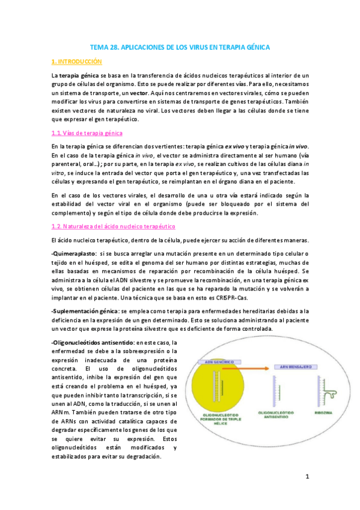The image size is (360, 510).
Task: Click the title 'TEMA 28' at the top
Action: pos(106,46)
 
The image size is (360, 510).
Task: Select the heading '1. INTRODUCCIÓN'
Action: pos(77,61)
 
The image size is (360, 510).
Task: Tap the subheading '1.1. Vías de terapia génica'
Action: pos(87,132)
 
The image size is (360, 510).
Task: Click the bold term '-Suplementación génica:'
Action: pos(85,310)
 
